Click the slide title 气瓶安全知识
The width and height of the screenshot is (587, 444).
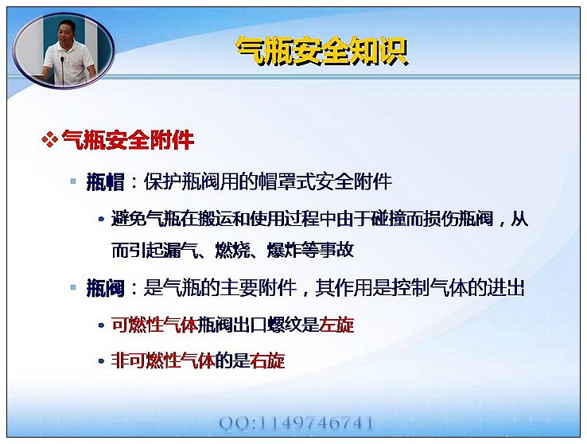(322, 51)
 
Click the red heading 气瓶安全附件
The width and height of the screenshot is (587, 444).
(127, 140)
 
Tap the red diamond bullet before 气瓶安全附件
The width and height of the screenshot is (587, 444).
(49, 140)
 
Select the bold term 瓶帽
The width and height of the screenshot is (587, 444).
(105, 182)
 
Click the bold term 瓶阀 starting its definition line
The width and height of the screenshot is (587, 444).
(105, 288)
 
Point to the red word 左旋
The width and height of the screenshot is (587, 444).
(336, 325)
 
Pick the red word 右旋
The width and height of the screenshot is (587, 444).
(267, 361)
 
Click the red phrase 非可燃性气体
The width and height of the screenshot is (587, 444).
(163, 361)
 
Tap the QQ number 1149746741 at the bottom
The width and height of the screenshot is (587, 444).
(316, 423)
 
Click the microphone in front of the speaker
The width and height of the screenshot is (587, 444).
(63, 69)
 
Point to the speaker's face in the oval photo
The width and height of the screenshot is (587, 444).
(65, 32)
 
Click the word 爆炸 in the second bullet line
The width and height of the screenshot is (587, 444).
(284, 250)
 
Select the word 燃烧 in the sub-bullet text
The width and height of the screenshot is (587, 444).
(232, 250)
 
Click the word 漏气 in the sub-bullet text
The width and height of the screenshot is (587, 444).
(181, 250)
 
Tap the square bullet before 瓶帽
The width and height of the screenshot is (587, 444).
(73, 181)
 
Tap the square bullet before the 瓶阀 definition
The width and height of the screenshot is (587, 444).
(73, 287)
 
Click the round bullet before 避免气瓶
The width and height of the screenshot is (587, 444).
(101, 220)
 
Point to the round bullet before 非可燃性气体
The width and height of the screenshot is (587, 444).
(101, 361)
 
